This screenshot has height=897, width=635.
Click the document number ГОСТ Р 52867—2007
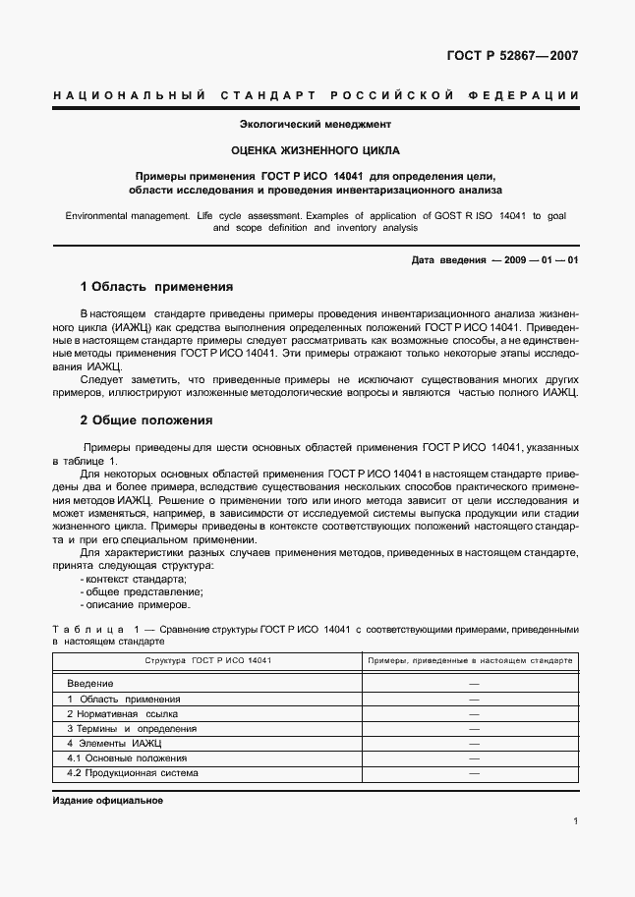[x=512, y=56]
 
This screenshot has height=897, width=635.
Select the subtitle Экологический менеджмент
[x=316, y=125]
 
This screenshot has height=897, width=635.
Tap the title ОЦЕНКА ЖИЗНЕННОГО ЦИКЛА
[x=316, y=151]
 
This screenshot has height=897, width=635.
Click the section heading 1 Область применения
[x=156, y=287]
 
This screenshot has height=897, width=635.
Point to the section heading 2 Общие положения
[x=146, y=420]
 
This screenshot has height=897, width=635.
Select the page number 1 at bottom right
[x=575, y=822]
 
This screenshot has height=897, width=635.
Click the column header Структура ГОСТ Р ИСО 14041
[x=208, y=661]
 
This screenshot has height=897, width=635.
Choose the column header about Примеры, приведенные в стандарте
[x=470, y=661]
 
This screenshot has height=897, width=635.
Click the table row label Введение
[x=90, y=683]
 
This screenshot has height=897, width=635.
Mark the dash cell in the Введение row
[x=474, y=683]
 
